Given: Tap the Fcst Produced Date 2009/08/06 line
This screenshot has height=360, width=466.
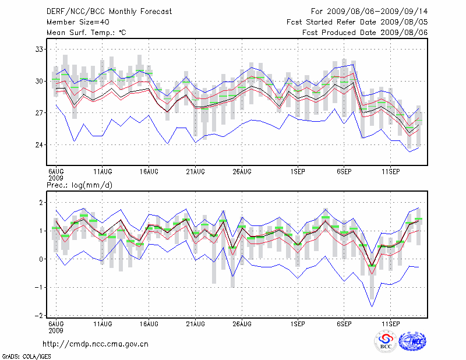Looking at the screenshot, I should pos(365,32).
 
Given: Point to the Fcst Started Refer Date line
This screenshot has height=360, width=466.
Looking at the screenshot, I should pos(357,22).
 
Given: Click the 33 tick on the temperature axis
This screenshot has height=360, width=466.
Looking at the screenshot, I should pos(40,49).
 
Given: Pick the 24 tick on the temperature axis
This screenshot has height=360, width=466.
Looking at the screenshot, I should pos(40,144).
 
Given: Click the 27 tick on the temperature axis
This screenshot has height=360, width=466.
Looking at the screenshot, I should pos(40,112).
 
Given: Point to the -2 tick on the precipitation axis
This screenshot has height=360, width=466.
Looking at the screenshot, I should pos(41,315).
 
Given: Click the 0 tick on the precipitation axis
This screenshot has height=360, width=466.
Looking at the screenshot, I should pos(42,259).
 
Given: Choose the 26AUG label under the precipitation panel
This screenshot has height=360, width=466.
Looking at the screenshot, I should pos(242,323).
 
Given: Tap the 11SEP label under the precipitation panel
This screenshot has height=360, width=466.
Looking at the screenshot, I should pos(390,323).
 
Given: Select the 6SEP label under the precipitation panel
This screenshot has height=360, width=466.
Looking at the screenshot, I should pos(344,323).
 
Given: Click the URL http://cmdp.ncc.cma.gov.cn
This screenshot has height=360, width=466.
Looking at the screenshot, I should pos(97,344).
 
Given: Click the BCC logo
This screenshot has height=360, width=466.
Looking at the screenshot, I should pos(386,341).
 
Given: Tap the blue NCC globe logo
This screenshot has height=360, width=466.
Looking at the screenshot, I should pos(412,341).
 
